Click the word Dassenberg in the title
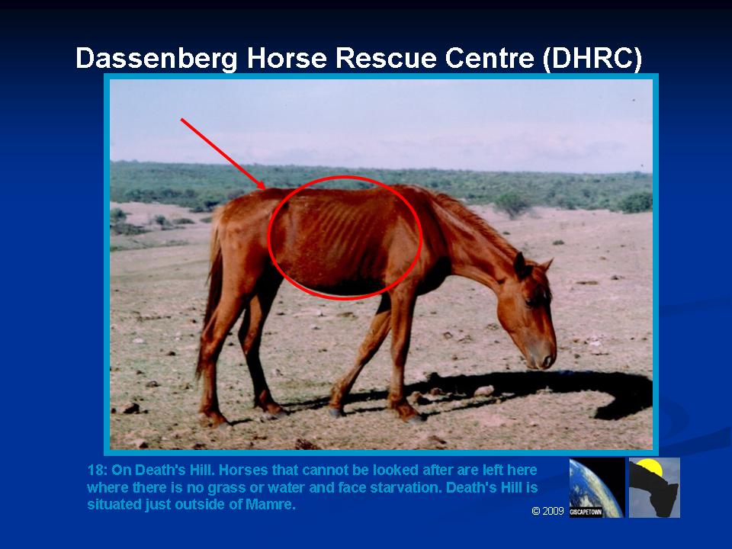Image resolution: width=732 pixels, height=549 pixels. (156, 59)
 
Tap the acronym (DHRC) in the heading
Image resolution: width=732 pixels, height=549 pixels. (592, 59)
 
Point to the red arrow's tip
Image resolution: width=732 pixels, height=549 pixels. (265, 188)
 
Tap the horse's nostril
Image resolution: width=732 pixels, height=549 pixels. (545, 361)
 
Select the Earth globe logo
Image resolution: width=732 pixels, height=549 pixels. (596, 487)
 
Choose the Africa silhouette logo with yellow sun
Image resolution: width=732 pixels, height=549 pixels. (654, 487)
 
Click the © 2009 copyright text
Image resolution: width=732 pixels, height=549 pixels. (547, 511)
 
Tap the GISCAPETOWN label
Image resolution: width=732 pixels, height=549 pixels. (586, 512)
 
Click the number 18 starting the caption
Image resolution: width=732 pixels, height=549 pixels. (95, 470)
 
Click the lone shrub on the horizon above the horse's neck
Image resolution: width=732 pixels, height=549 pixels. (512, 204)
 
